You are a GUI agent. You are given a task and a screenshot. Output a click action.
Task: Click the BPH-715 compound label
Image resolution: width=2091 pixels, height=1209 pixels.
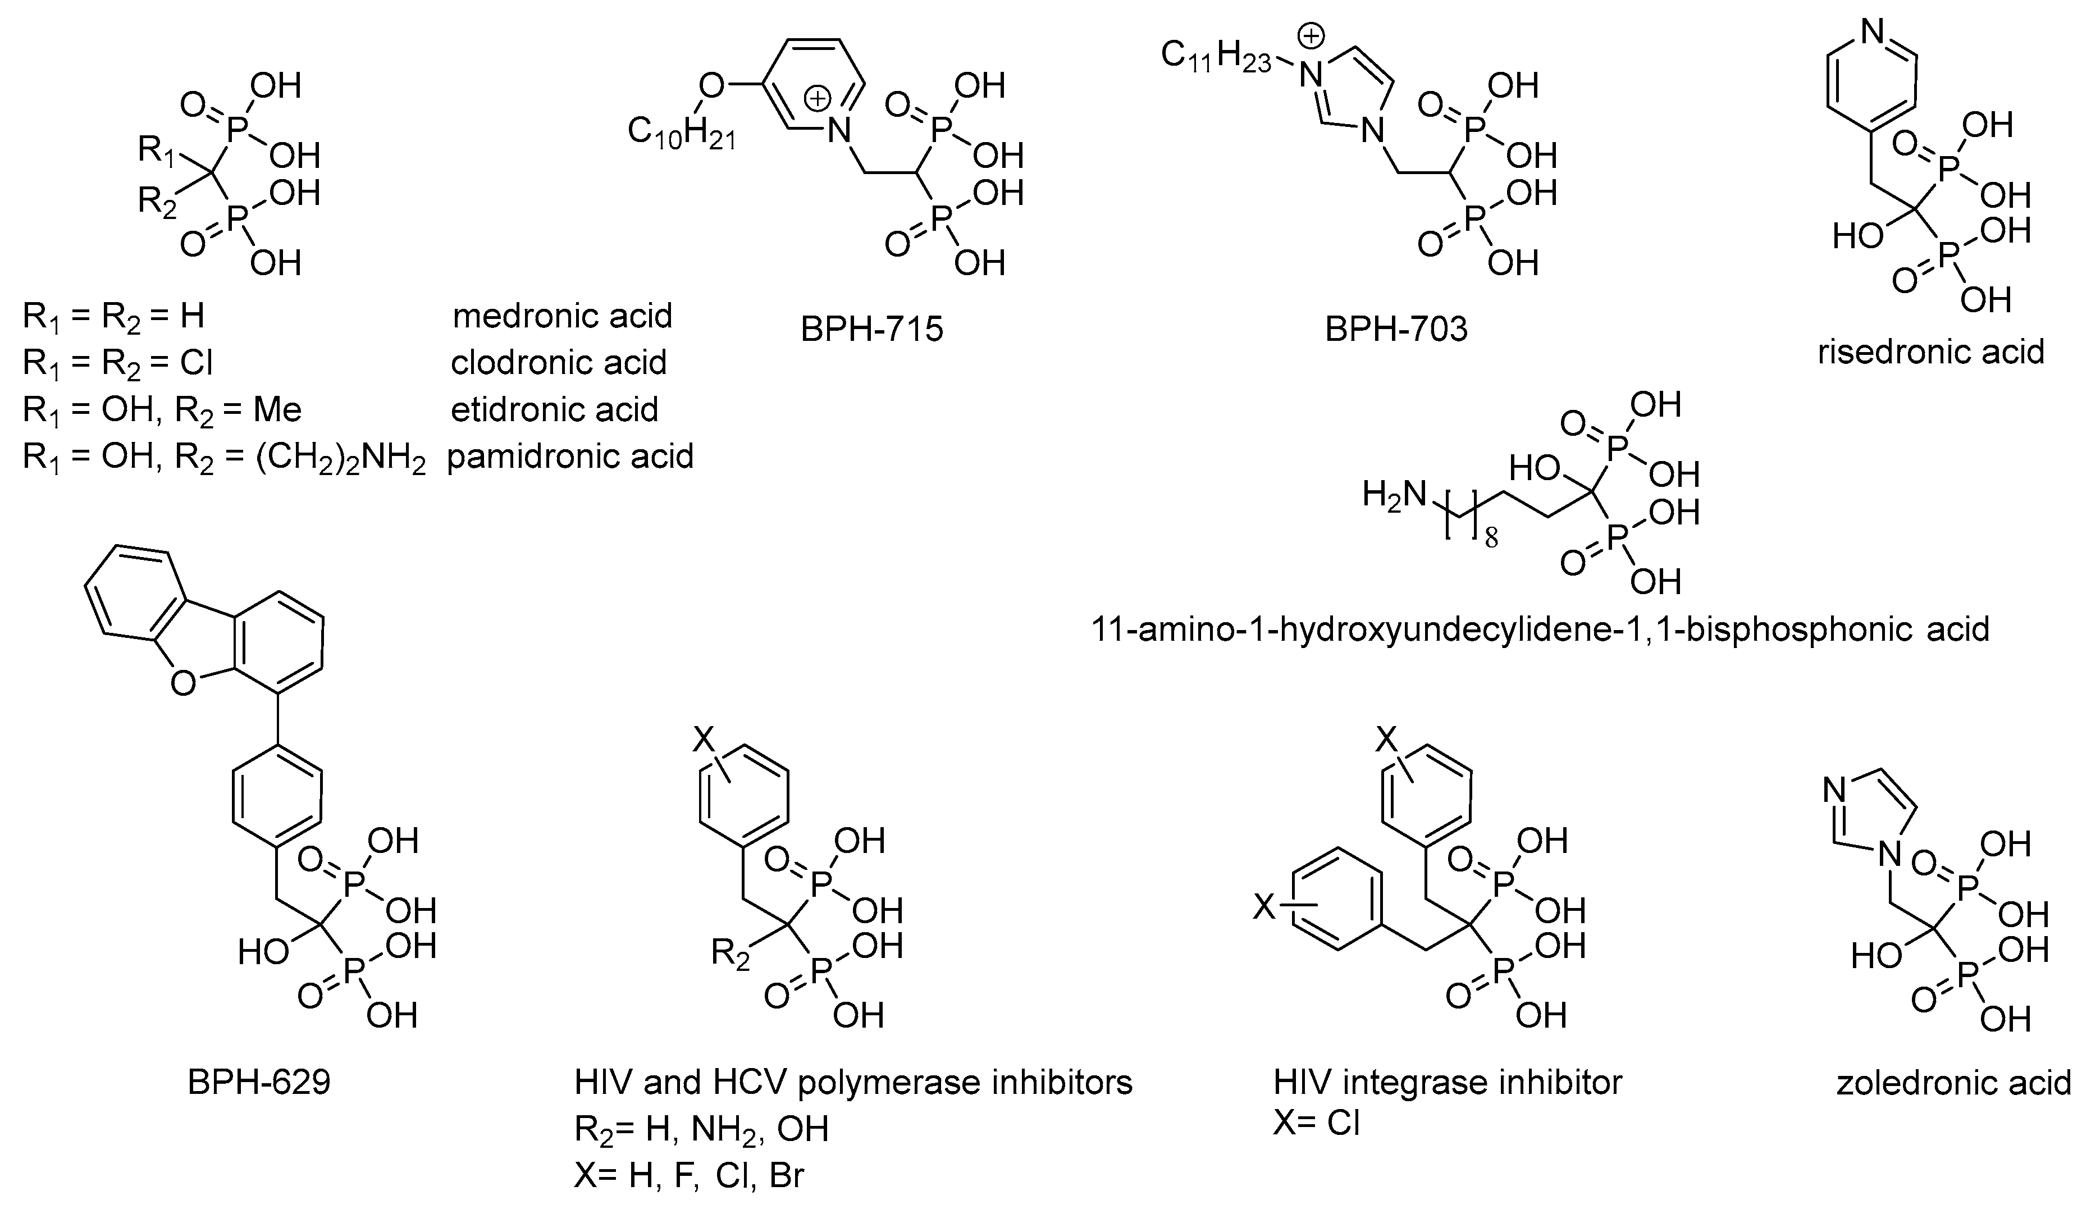871,330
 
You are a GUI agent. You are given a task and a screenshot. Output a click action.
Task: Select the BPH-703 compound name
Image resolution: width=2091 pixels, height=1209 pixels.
1396,330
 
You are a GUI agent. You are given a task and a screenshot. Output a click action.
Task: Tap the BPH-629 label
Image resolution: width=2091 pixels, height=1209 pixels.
259,1082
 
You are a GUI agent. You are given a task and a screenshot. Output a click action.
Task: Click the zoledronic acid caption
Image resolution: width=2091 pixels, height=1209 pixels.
1953,1083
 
